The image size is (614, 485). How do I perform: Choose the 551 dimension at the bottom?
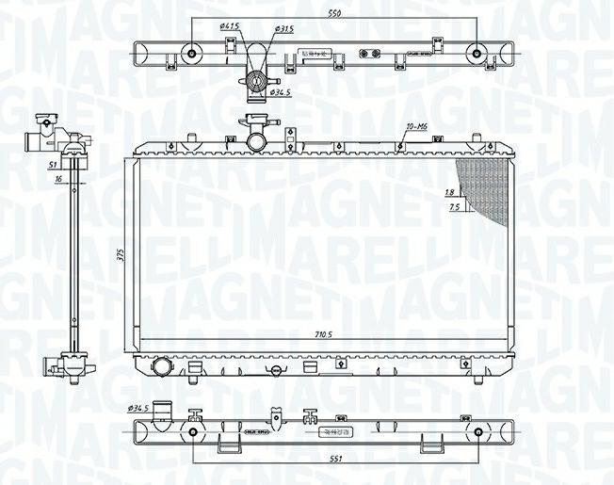pyautogui.click(x=336, y=459)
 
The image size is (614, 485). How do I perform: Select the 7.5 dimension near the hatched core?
pyautogui.click(x=454, y=206)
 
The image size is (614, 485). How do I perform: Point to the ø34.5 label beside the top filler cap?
pyautogui.click(x=280, y=92)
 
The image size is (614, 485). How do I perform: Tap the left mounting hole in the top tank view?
pyautogui.click(x=194, y=53)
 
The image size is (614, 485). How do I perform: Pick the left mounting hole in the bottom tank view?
pyautogui.click(x=194, y=433)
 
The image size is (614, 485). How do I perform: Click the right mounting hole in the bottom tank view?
pyautogui.click(x=478, y=433)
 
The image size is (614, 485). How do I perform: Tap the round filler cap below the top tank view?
pyautogui.click(x=254, y=82)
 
